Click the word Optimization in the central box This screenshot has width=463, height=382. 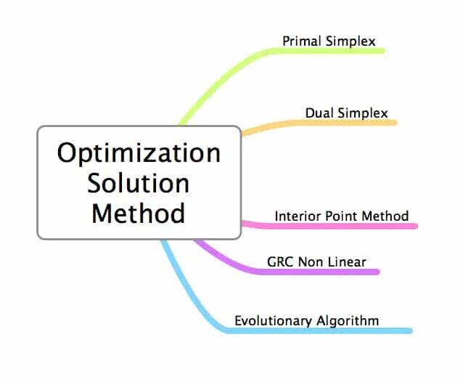coord(139,153)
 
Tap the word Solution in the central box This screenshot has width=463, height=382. coord(139,182)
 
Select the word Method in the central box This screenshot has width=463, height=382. coord(139,213)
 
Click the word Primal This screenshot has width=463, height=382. coord(300,41)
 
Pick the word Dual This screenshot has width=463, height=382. coord(319,113)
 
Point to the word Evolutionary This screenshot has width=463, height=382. coord(273,320)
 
